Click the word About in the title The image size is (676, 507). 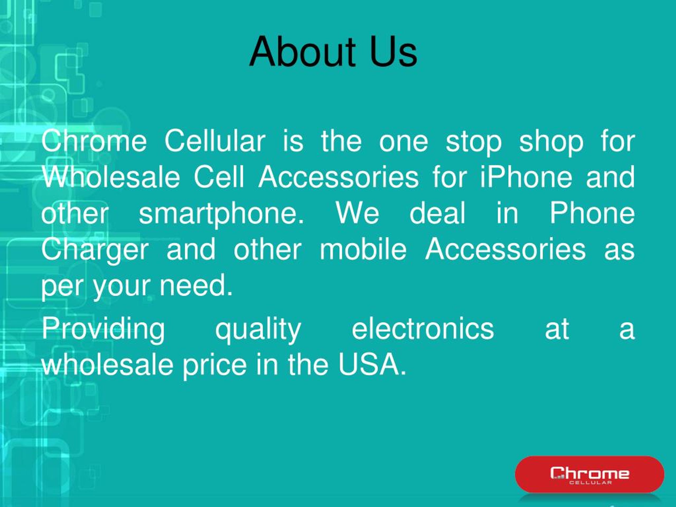pyautogui.click(x=303, y=52)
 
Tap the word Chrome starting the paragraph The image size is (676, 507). pyautogui.click(x=94, y=141)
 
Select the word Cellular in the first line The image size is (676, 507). pyautogui.click(x=215, y=141)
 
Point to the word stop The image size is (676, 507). pyautogui.click(x=473, y=142)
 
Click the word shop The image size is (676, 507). pyautogui.click(x=551, y=142)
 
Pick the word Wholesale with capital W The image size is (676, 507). pyautogui.click(x=111, y=177)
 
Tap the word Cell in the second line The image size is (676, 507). pyautogui.click(x=219, y=177)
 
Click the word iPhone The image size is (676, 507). pyautogui.click(x=526, y=177)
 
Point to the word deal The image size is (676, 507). pyautogui.click(x=437, y=213)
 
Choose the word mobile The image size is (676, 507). pyautogui.click(x=363, y=249)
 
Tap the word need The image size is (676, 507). pyautogui.click(x=196, y=285)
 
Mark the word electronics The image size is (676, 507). pyautogui.click(x=423, y=328)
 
